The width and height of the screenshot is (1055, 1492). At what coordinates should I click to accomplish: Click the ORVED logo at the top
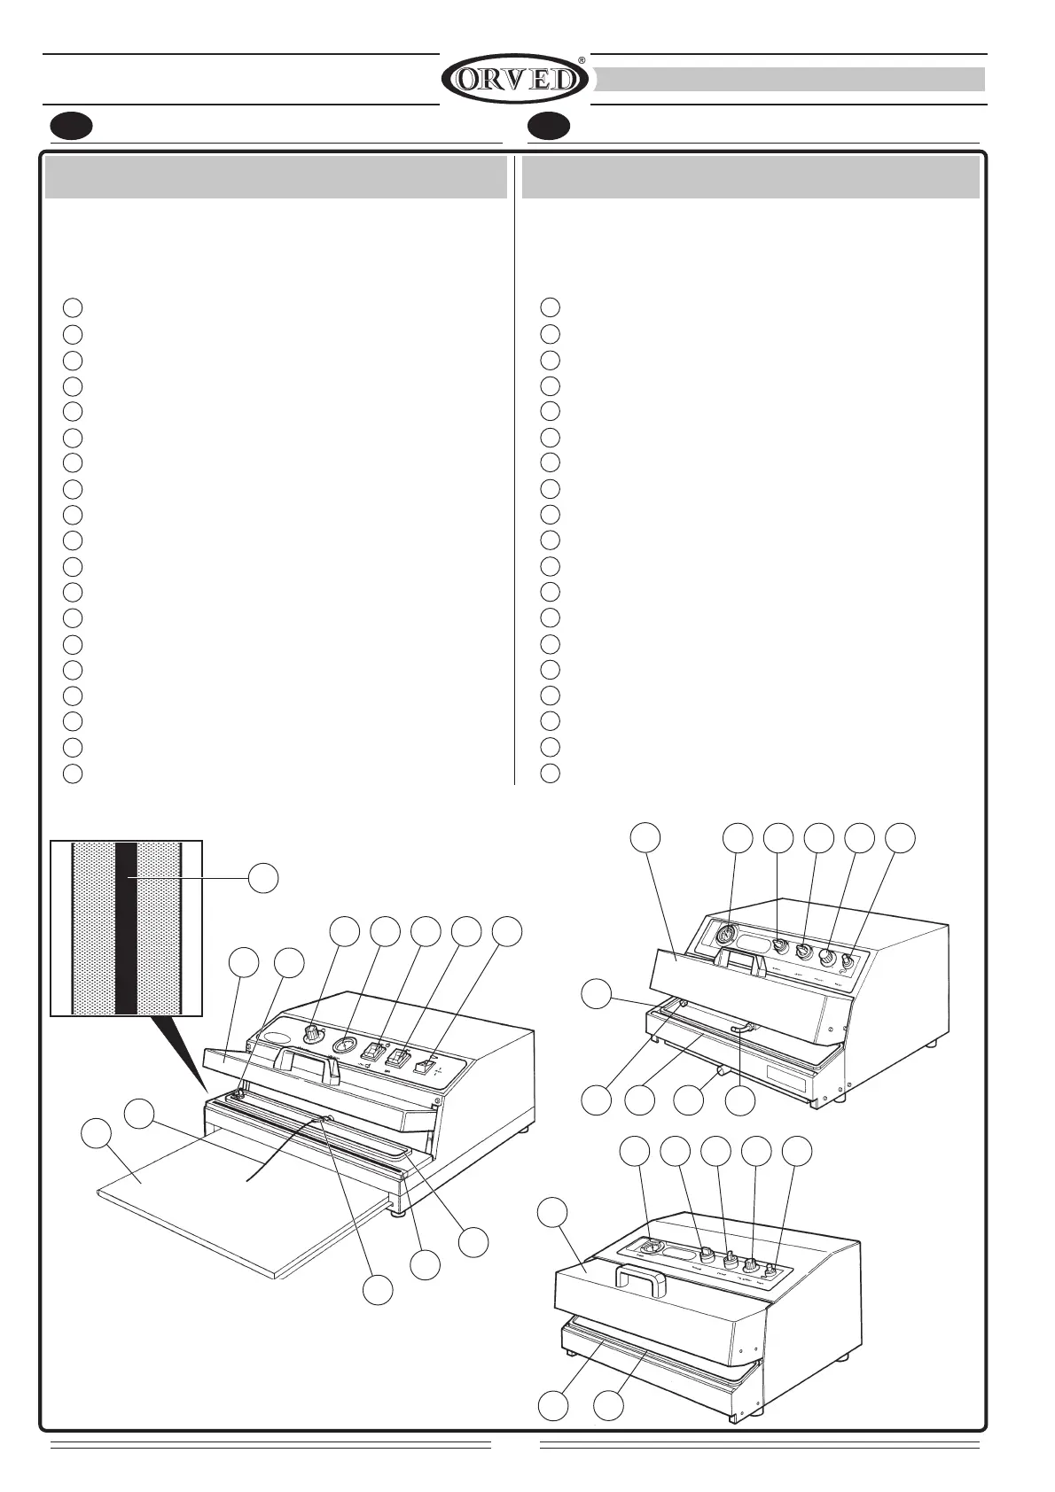point(514,79)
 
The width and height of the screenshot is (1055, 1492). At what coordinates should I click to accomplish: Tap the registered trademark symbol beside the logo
point(582,60)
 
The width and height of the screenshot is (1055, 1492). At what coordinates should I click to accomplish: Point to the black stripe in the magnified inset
point(126,928)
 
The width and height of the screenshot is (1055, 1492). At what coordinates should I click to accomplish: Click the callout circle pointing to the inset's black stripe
point(262,878)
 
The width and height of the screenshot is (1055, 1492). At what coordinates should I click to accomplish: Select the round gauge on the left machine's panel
point(343,1046)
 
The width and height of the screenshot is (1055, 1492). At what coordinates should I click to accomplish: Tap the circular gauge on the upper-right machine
point(725,935)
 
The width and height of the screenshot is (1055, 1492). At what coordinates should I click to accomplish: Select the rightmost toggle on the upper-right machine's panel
point(847,961)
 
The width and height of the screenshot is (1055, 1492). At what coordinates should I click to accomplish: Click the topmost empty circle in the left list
point(73,307)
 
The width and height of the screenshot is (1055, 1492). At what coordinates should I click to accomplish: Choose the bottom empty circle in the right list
point(550,772)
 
